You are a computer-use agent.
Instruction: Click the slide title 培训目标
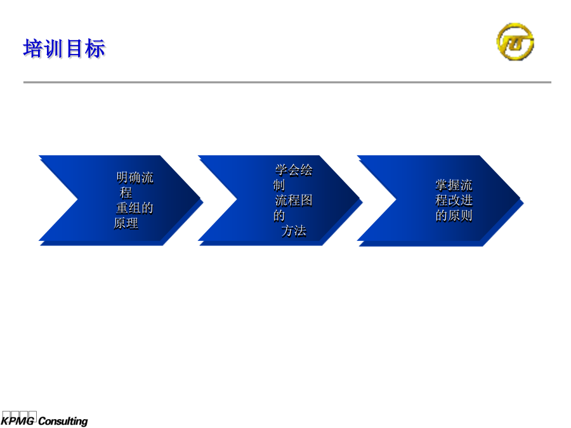click(64, 48)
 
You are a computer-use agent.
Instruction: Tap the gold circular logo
click(515, 41)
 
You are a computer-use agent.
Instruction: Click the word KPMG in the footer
click(18, 421)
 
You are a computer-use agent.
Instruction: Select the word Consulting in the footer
click(63, 421)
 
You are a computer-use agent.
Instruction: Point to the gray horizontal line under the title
click(287, 82)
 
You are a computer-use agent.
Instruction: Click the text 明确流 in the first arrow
click(135, 178)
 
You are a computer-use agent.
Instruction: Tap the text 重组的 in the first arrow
click(135, 208)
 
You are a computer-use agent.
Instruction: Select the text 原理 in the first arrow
click(126, 223)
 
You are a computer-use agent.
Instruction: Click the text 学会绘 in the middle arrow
click(294, 170)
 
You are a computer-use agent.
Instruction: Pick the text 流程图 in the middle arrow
click(294, 200)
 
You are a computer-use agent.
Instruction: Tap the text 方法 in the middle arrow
click(294, 231)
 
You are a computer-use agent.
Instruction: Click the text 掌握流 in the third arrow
click(454, 185)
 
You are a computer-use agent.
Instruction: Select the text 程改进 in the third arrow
click(454, 200)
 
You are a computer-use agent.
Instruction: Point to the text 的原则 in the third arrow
click(454, 216)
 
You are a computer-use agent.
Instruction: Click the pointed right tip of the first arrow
click(200, 198)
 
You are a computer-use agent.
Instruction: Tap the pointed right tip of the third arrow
click(520, 198)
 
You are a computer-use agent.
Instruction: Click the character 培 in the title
click(33, 48)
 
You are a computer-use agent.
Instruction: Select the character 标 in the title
click(95, 48)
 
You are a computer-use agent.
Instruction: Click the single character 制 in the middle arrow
click(279, 185)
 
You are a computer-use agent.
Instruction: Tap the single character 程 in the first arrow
click(126, 193)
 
